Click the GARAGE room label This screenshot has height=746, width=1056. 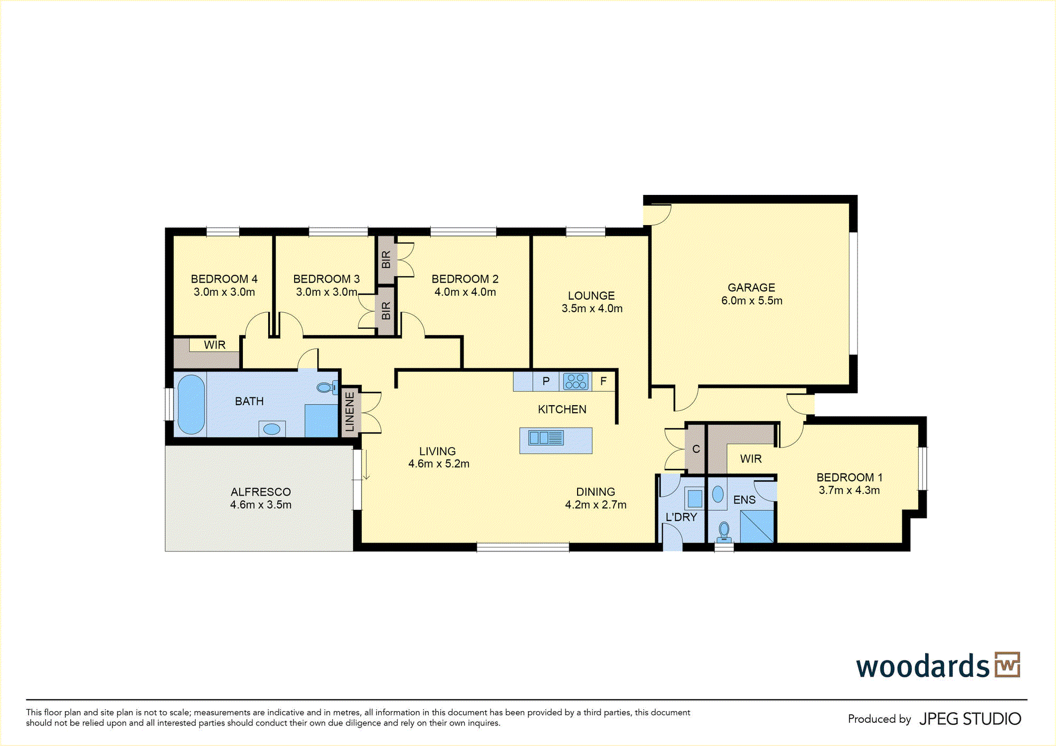point(751,287)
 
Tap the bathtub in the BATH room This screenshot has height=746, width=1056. point(191,404)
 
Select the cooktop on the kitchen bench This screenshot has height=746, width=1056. point(576,381)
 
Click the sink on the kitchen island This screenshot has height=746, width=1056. point(546,437)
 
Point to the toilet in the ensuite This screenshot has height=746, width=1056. point(724,532)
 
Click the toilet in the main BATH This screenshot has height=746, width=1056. point(327,387)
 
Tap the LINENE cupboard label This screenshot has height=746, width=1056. point(350,412)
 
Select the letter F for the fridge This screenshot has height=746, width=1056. point(604,381)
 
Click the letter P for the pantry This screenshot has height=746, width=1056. point(546,381)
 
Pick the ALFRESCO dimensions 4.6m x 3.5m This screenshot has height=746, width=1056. point(261,505)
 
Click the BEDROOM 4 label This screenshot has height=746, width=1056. point(224,278)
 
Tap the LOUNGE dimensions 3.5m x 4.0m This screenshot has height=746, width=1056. point(592,308)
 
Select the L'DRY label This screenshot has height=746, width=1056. point(681,517)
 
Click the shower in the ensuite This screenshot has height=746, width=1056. point(757,526)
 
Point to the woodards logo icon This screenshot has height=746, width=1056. point(1007,665)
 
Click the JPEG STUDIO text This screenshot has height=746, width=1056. point(970,719)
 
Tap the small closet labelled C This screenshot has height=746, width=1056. point(696,449)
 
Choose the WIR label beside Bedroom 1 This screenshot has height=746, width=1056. point(751,459)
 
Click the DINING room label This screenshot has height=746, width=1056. point(596,491)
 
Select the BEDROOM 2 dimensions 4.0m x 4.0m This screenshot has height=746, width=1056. point(465,292)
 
